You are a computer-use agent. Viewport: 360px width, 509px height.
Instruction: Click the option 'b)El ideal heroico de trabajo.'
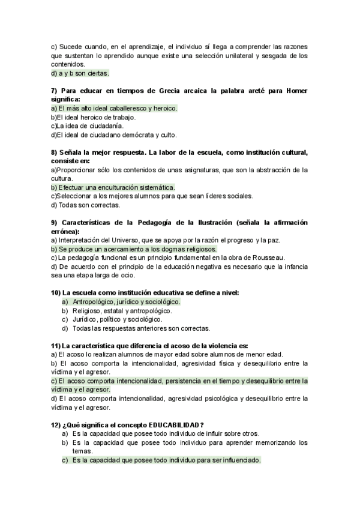(x=94, y=117)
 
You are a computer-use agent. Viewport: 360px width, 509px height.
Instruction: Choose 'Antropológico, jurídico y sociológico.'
(x=125, y=301)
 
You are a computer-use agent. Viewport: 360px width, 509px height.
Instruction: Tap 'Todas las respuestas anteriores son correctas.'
(x=140, y=328)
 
